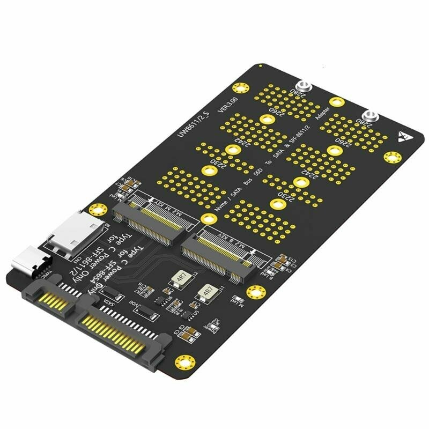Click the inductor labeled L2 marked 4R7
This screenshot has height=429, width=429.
point(178,279)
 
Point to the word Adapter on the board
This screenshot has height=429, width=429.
point(326,117)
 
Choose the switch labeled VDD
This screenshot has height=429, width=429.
point(145,310)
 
